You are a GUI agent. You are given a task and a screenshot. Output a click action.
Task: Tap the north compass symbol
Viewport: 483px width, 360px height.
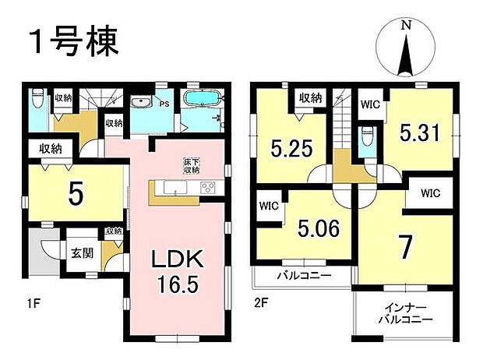[406, 49]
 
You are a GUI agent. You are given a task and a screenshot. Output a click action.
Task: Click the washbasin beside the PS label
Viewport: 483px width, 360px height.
[143, 101]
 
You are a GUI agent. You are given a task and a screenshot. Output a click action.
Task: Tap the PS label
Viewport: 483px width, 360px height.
[164, 101]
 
